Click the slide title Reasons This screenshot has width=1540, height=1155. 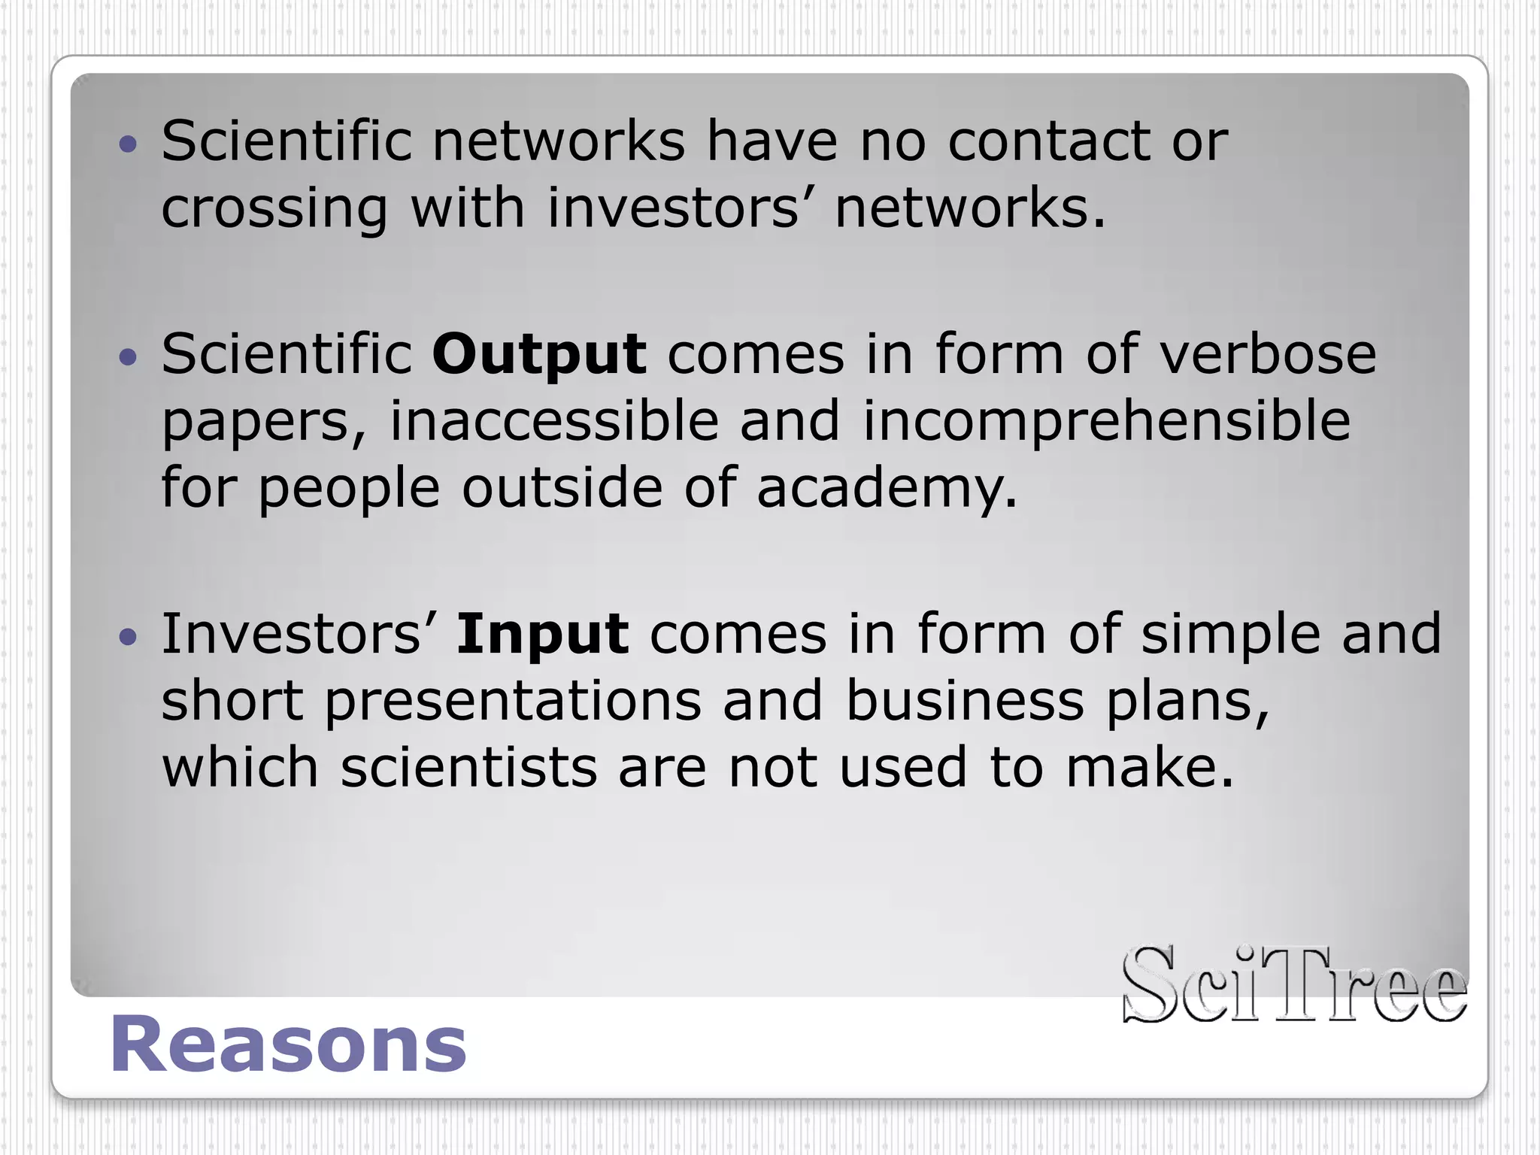[288, 1044]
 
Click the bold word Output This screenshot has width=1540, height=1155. [538, 354]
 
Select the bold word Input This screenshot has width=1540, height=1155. [542, 634]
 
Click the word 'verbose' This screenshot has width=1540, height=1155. [1268, 354]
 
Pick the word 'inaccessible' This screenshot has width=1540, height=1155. [553, 421]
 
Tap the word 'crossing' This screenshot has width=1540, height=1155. [274, 209]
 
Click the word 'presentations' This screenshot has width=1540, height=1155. [513, 701]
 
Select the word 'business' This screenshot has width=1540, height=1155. [965, 701]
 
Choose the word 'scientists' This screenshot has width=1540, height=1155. [468, 768]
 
